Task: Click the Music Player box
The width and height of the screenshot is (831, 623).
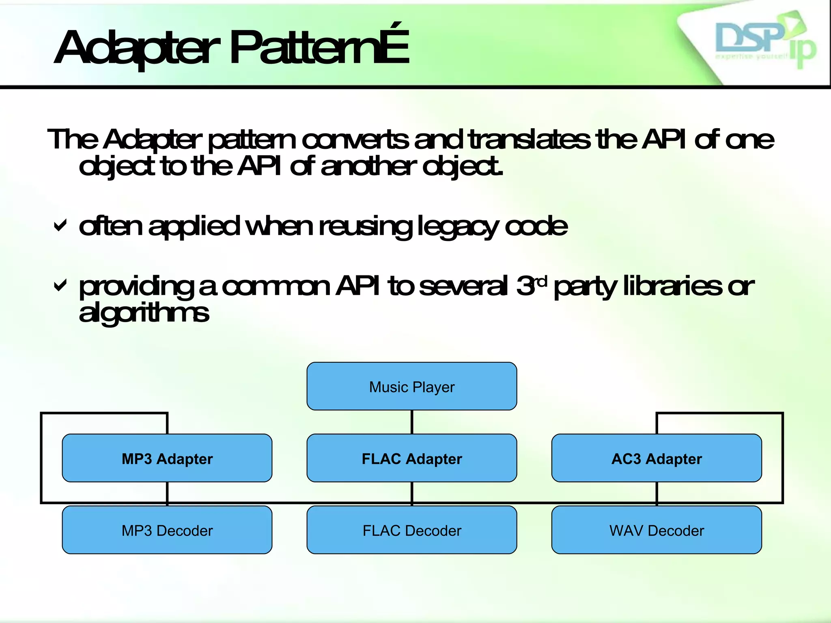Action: tap(411, 386)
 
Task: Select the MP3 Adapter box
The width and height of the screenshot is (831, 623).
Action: tap(167, 458)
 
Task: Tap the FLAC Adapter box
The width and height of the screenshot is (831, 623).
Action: tap(411, 458)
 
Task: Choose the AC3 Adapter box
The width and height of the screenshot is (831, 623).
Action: tap(656, 458)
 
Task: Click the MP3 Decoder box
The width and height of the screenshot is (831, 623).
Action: tap(167, 530)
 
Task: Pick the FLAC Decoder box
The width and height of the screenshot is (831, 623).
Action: tap(411, 530)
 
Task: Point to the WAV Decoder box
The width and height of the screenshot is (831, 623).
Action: tap(656, 530)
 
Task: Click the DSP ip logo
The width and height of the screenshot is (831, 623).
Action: tap(763, 41)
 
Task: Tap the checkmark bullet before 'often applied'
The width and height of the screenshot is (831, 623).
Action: tap(60, 226)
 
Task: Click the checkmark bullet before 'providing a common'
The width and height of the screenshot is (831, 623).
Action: tap(60, 286)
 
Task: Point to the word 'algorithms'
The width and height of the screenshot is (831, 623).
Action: tap(144, 313)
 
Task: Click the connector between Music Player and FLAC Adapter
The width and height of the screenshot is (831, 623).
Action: tap(411, 422)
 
